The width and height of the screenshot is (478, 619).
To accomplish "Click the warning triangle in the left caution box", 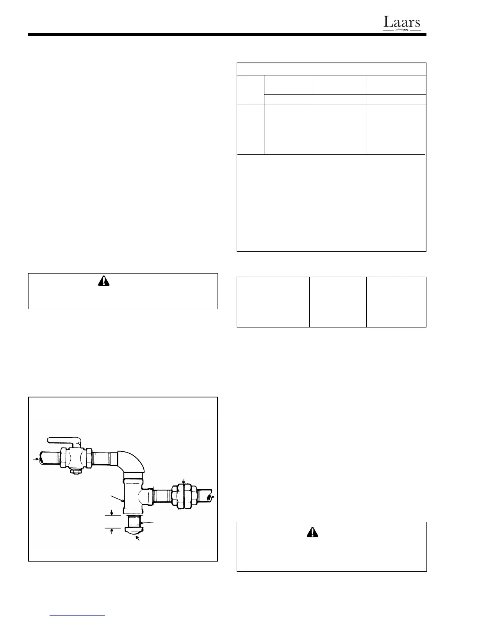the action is tap(103, 281).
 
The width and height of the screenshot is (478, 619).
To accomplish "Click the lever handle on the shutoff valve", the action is tap(62, 440).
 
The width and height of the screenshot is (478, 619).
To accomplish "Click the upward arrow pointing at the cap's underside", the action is tap(137, 539).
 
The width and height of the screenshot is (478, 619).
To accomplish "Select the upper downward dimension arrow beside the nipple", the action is tap(112, 512).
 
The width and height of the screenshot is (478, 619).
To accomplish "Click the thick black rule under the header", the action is tap(227, 35).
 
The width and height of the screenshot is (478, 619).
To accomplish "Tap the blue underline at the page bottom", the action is tap(78, 615).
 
